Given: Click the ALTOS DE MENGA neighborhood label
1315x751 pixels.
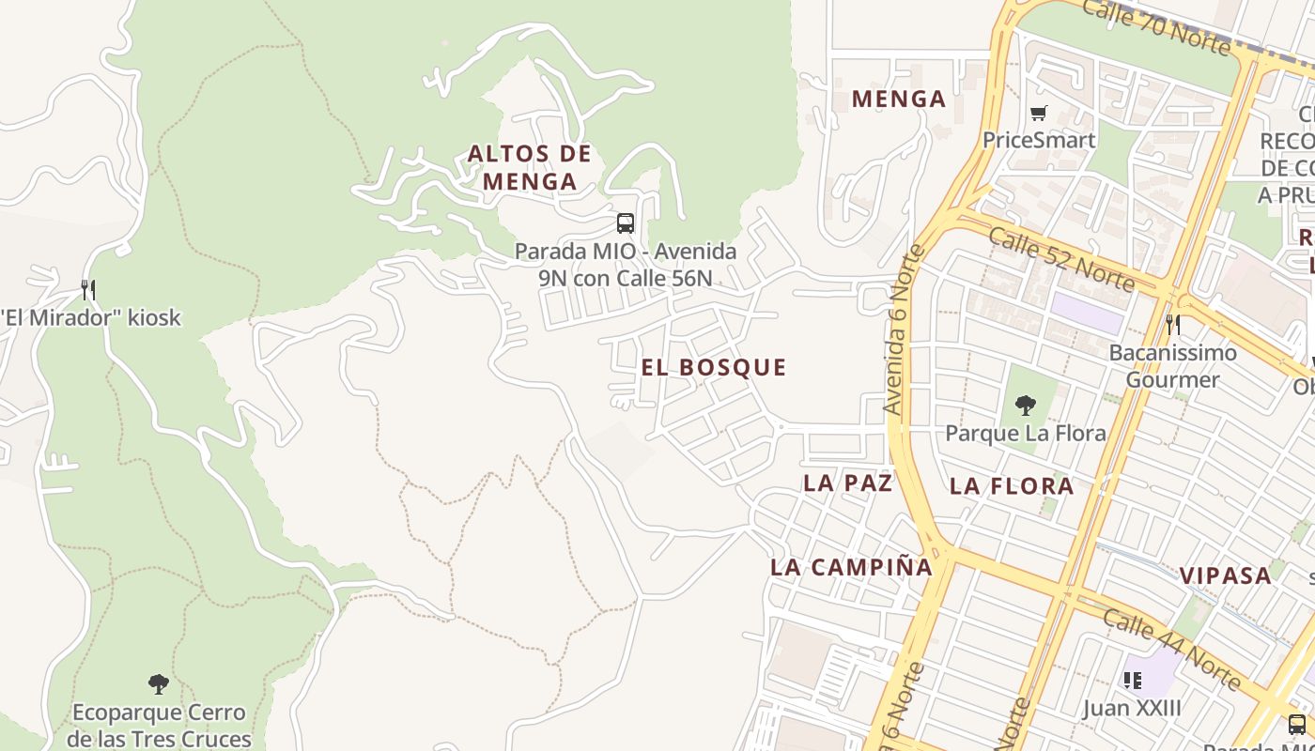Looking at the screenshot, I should (530, 167).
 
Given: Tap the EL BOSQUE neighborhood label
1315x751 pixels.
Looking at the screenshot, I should (714, 367).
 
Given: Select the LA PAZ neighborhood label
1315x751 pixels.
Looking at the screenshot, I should (847, 483).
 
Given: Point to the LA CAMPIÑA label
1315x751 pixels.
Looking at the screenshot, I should (851, 567).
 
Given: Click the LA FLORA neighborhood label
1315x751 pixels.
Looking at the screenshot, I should (1011, 485).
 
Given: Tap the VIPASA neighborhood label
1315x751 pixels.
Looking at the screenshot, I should (1225, 575).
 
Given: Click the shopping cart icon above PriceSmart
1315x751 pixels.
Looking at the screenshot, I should (1038, 114).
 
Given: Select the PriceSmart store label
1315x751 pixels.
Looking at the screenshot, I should (1038, 140).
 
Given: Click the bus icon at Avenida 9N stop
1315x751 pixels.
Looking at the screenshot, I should (626, 223).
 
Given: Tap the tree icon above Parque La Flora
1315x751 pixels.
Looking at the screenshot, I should (1025, 406).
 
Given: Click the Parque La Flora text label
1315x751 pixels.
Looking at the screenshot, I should (1025, 433).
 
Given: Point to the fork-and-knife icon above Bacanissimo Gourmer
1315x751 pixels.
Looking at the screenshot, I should (1172, 325).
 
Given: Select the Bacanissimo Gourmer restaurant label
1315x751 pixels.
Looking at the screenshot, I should (1172, 366).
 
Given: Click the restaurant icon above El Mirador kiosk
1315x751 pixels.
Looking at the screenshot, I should (88, 289).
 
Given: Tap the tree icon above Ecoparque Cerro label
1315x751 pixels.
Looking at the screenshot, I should (159, 683).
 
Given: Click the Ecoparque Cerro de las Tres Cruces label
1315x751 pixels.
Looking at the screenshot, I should (159, 726).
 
